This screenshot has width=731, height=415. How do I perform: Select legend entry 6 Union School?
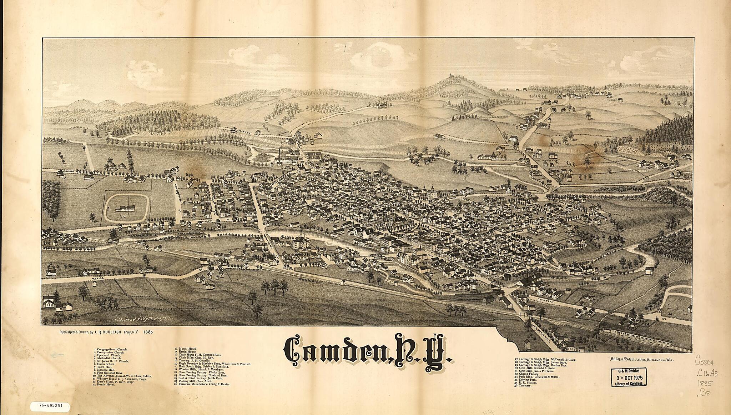point(107,364)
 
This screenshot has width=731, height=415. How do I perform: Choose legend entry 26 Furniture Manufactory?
point(202,385)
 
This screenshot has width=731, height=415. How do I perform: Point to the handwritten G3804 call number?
point(705,361)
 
